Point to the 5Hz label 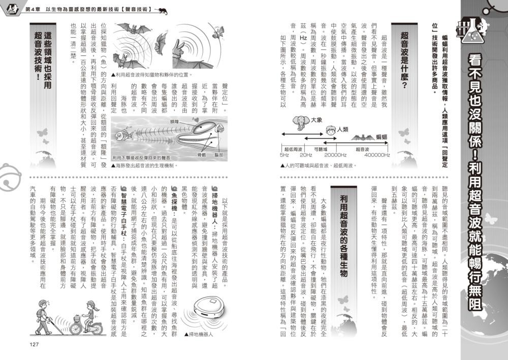click(x=284, y=155)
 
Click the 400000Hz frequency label click(x=376, y=155)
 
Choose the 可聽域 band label click(x=321, y=149)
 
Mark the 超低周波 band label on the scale click(x=293, y=149)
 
